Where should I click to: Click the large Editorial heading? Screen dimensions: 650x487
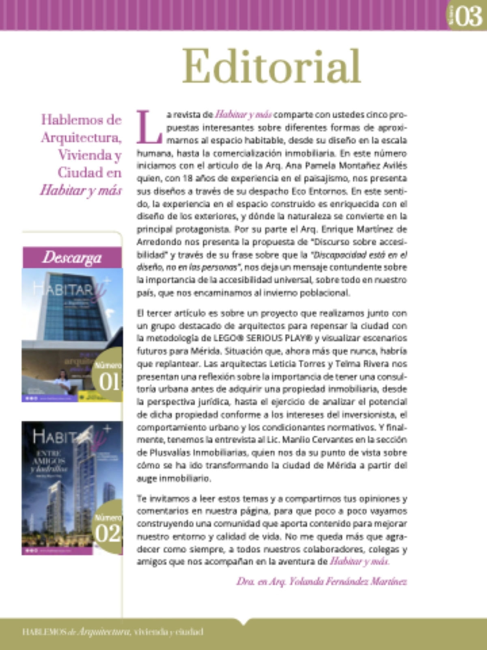pos(271,66)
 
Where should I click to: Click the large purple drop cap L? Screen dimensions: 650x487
pos(149,127)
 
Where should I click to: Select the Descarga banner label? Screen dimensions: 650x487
pos(72,258)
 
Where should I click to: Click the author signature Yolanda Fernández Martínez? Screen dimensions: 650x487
pos(321,582)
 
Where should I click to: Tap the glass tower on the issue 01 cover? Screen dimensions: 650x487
pos(73,309)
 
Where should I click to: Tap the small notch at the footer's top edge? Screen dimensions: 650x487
pos(243,621)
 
